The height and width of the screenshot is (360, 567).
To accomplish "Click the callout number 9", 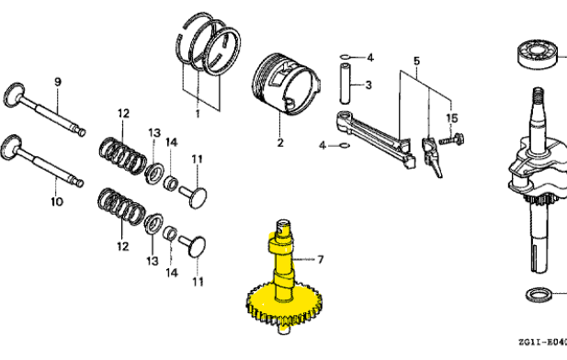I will click(57, 83).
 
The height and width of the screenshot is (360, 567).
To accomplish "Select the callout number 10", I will click(56, 201).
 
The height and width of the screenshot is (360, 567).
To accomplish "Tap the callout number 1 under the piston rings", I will click(197, 113).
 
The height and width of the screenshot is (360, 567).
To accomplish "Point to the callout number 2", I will click(280, 142).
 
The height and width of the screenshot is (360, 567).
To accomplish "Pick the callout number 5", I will click(415, 61).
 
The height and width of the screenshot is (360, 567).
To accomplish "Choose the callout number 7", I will click(321, 260).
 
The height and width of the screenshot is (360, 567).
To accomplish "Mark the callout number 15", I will click(451, 118).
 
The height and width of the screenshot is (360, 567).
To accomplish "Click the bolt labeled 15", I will click(453, 141).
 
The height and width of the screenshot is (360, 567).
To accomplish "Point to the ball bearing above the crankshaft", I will click(542, 56).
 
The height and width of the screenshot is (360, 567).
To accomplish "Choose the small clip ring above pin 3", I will click(344, 58).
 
